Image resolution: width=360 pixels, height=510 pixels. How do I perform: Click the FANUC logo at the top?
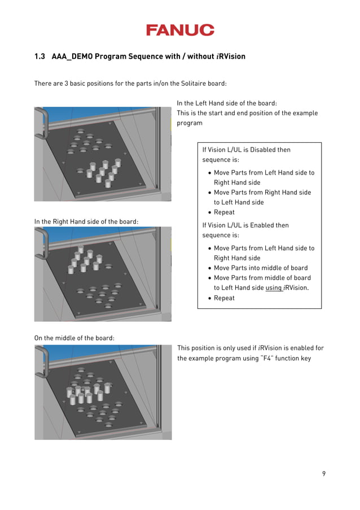pyautogui.click(x=180, y=30)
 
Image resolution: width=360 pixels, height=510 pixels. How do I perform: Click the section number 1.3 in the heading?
pyautogui.click(x=39, y=56)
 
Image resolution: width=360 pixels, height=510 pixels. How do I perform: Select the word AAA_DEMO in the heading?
pyautogui.click(x=72, y=56)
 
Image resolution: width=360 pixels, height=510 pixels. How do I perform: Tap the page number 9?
pyautogui.click(x=324, y=473)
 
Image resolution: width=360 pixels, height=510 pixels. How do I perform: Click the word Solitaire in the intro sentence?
pyautogui.click(x=195, y=84)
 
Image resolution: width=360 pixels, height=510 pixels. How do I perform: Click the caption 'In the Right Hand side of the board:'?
pyautogui.click(x=86, y=221)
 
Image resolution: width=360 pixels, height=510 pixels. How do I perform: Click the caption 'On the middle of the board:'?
pyautogui.click(x=74, y=338)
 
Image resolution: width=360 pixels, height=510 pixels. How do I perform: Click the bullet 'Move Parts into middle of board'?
pyautogui.click(x=260, y=268)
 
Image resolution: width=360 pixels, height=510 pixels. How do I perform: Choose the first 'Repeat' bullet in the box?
pyautogui.click(x=224, y=212)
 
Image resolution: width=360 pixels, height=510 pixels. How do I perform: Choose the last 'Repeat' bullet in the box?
pyautogui.click(x=224, y=298)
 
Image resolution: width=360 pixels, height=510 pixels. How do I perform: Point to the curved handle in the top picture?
pyautogui.click(x=41, y=121)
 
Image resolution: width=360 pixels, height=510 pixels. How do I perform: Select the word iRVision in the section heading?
pyautogui.click(x=231, y=56)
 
